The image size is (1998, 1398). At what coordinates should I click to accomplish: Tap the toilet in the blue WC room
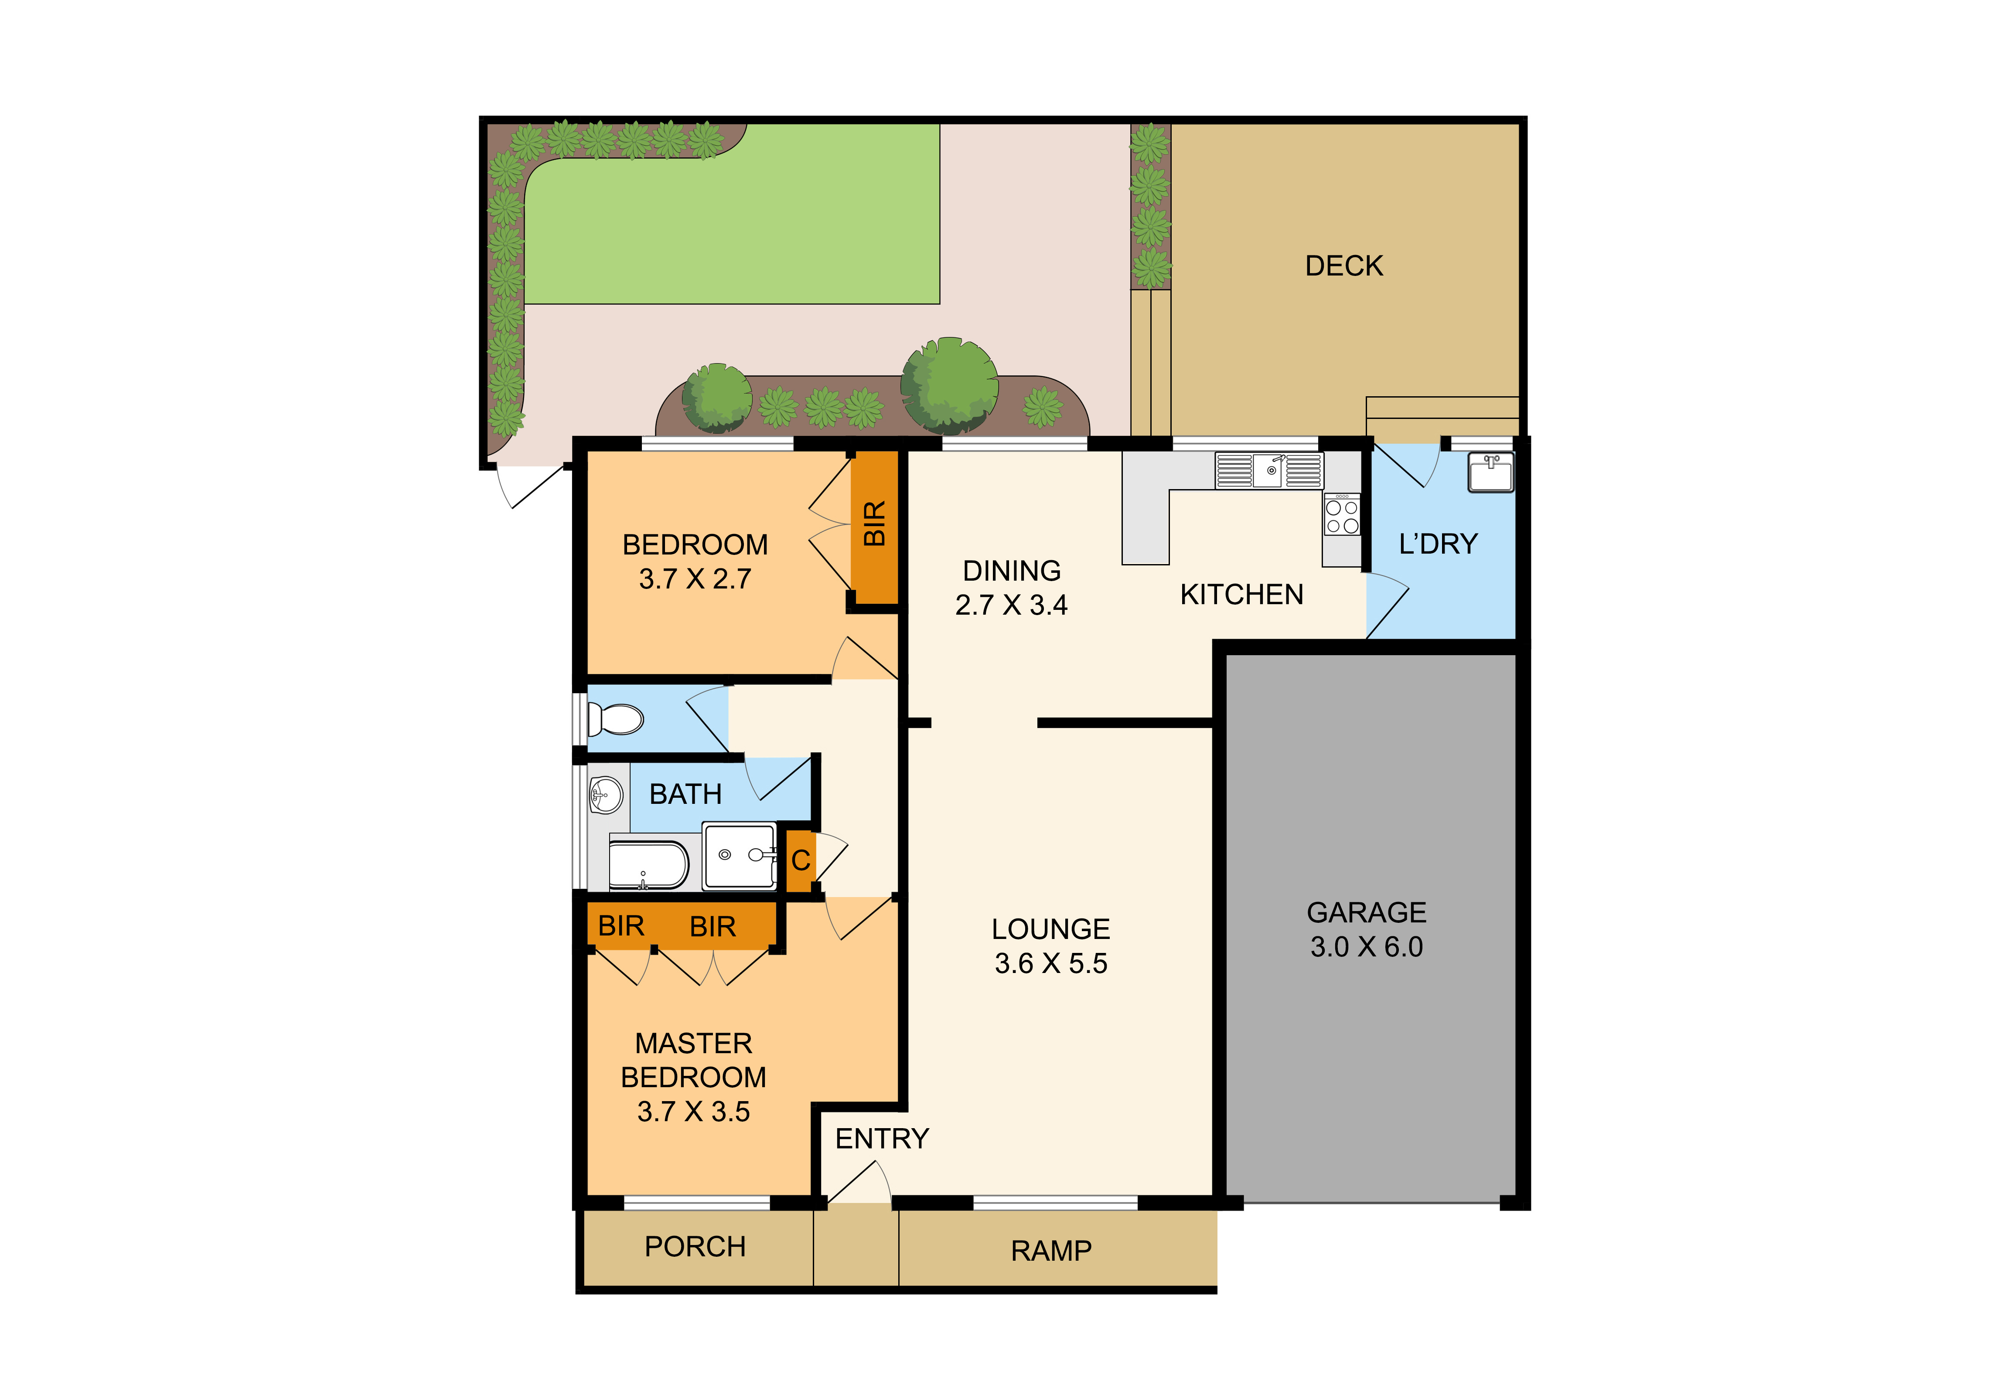(616, 719)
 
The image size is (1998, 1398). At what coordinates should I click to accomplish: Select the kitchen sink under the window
(1270, 471)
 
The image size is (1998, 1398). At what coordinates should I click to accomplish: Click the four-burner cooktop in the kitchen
(1342, 514)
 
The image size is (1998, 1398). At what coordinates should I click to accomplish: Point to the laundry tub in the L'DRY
(1491, 473)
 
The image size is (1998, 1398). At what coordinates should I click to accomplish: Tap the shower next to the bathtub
(740, 856)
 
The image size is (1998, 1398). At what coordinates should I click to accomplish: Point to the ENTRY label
(883, 1139)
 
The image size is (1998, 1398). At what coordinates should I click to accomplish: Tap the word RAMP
(1051, 1251)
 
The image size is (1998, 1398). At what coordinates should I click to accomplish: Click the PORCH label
(696, 1247)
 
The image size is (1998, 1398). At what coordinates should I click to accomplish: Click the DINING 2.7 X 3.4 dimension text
(1011, 605)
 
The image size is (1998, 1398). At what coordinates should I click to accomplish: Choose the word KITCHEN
(1242, 595)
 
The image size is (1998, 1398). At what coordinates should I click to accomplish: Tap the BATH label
(686, 794)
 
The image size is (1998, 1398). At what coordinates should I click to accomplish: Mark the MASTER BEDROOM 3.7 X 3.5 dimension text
(694, 1112)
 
